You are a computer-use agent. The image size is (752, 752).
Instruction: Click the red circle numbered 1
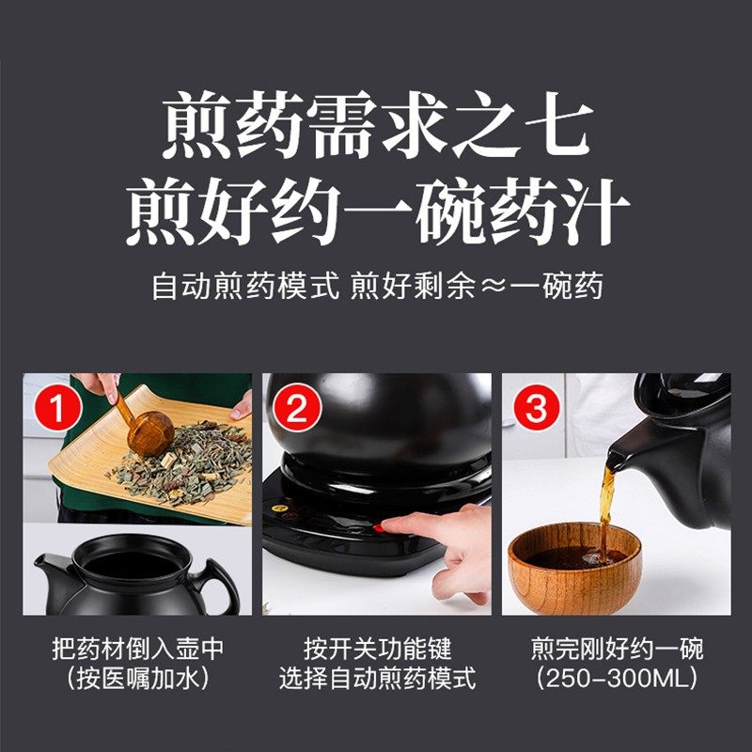57,408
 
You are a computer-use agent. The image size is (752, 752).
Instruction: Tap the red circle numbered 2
297,408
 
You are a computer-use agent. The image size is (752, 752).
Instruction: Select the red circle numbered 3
536,408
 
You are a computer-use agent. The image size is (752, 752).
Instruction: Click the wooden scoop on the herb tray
147,430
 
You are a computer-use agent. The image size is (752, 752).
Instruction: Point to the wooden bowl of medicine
574,568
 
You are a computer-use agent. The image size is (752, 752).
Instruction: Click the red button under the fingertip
378,528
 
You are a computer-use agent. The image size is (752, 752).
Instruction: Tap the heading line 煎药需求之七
377,125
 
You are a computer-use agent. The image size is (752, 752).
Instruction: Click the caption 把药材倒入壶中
137,649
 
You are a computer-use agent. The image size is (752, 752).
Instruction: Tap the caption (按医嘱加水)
137,678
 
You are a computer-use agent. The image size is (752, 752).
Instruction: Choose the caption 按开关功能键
378,649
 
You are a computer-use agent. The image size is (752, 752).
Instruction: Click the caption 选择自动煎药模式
378,678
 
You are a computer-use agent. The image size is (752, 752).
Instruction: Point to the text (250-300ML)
617,678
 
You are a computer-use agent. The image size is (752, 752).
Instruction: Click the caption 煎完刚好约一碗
617,649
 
